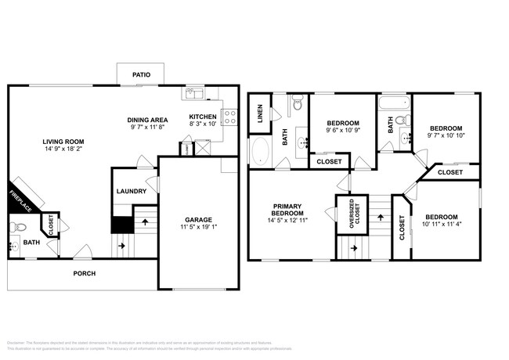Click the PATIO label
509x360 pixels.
[x=141, y=75]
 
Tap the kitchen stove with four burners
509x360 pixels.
[x=230, y=117]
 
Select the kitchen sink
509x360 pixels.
[x=193, y=95]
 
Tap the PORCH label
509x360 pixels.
[x=85, y=273]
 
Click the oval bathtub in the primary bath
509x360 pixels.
[x=261, y=151]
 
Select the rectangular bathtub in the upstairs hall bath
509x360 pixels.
[x=392, y=103]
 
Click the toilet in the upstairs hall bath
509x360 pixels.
[x=402, y=121]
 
